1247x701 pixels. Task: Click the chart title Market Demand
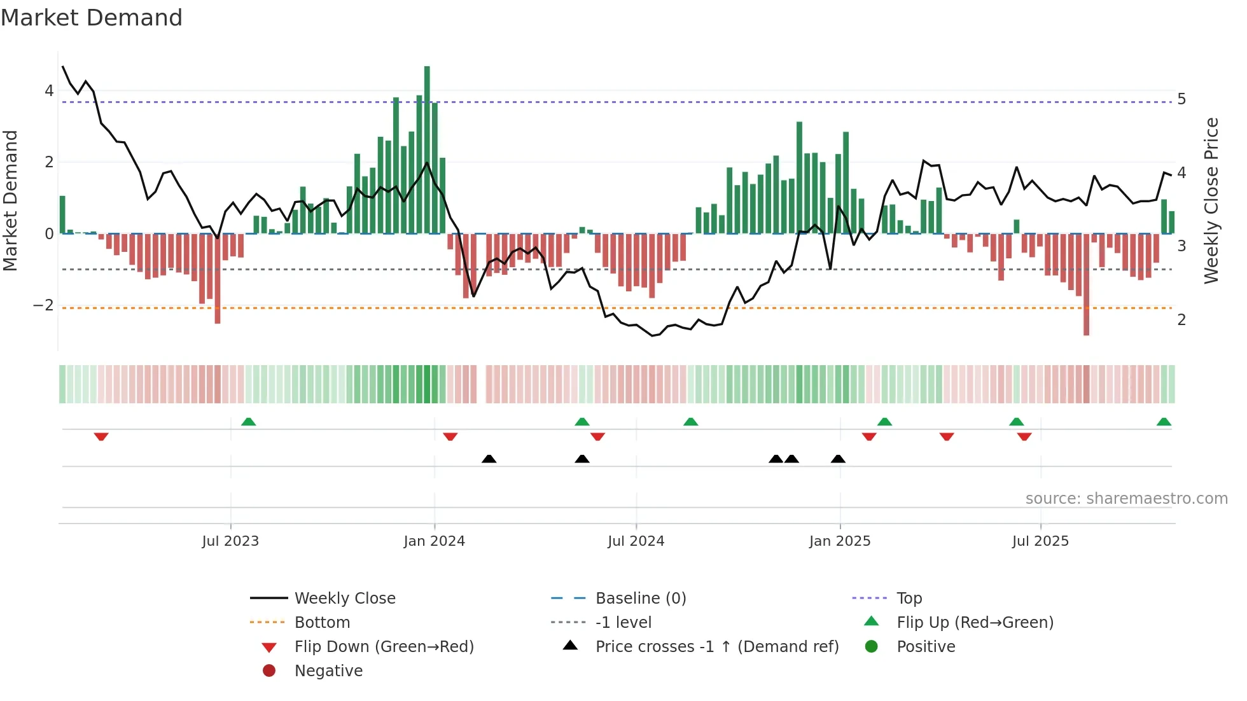(x=92, y=18)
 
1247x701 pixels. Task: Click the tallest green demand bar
(x=427, y=149)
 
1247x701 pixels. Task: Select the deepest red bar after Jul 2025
(x=1086, y=284)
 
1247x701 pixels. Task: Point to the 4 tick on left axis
(x=49, y=91)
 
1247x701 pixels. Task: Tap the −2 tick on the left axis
(x=43, y=305)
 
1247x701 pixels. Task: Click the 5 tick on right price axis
(x=1181, y=99)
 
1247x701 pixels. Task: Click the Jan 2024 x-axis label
(x=434, y=541)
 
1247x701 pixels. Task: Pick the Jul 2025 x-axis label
(x=1040, y=541)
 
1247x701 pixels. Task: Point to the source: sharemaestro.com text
(x=1126, y=499)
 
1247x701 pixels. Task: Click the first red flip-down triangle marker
(x=101, y=437)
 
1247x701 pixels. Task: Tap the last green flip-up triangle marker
(x=1164, y=422)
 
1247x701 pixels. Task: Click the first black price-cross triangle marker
(x=489, y=459)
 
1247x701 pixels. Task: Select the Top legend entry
(x=909, y=599)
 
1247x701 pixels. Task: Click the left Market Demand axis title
(x=11, y=200)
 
